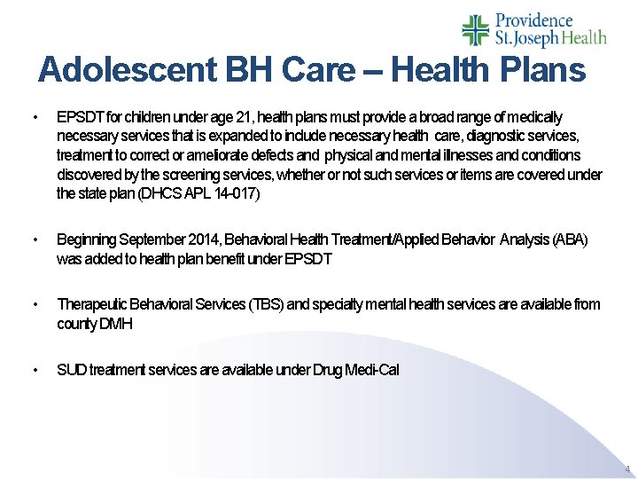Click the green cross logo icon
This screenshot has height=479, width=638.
coord(476,29)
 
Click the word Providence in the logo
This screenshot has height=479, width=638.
coord(533,20)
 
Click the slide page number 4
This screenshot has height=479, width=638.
coord(627,468)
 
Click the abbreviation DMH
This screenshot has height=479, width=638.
coord(115,324)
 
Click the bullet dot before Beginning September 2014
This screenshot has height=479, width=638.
coord(34,240)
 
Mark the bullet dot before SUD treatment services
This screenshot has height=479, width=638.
coord(34,370)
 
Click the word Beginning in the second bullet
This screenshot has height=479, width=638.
coord(86,239)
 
